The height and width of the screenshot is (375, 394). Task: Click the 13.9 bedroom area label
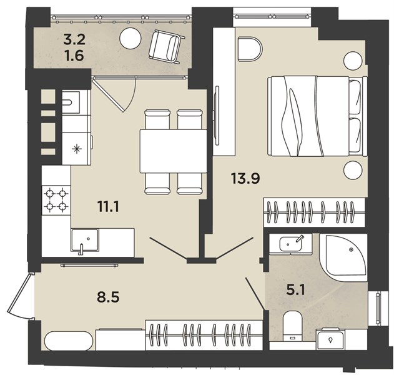click(245, 178)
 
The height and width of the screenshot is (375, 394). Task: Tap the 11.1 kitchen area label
click(108, 207)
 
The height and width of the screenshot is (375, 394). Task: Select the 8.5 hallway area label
click(108, 297)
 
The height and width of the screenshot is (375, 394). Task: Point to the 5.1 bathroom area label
click(295, 290)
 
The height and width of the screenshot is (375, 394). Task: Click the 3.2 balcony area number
click(74, 39)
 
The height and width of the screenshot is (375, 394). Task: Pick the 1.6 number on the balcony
click(74, 56)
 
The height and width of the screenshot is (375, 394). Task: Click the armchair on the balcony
click(166, 47)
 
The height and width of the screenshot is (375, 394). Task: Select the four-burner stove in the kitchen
click(56, 200)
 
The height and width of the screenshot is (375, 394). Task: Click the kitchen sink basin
click(85, 240)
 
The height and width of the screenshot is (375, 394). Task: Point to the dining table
click(174, 151)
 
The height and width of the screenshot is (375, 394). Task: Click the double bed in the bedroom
click(315, 116)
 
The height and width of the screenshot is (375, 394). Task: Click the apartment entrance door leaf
click(19, 294)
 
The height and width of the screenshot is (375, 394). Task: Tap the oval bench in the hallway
click(68, 341)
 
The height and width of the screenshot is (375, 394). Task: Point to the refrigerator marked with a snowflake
click(76, 149)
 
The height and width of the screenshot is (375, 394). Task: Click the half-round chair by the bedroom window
click(250, 49)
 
